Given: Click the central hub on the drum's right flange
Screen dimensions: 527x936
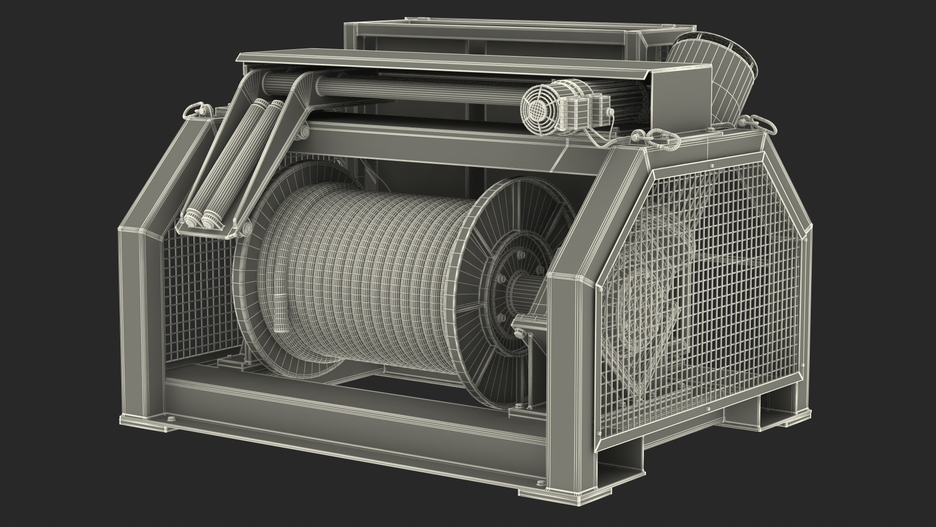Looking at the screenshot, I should coord(522,293).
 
